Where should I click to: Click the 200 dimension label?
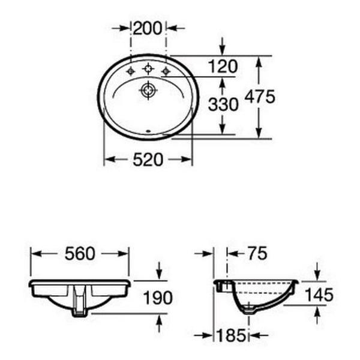point(148,28)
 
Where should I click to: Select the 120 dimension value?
point(223,67)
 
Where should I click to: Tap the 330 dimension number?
point(223,104)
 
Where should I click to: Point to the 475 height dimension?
point(259,97)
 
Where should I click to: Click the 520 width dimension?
point(148,160)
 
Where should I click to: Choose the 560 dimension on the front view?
point(80,254)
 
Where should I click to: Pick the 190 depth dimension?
point(158,298)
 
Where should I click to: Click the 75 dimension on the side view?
point(257,253)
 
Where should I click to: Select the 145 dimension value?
point(319,295)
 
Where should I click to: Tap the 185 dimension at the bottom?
point(231,335)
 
